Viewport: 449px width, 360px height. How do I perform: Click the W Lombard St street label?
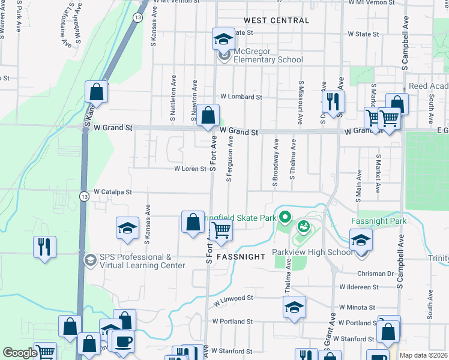click(241, 97)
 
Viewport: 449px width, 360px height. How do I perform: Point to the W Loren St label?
click(190, 169)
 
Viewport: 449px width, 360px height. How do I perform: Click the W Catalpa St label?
click(112, 192)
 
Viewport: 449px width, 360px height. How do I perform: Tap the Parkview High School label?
click(312, 252)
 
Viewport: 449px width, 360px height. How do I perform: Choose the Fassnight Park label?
click(379, 221)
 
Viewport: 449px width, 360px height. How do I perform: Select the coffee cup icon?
click(123, 341)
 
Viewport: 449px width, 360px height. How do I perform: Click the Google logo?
click(19, 353)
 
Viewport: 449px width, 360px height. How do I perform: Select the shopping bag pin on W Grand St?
click(208, 115)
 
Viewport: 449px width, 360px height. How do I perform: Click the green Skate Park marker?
click(285, 217)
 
